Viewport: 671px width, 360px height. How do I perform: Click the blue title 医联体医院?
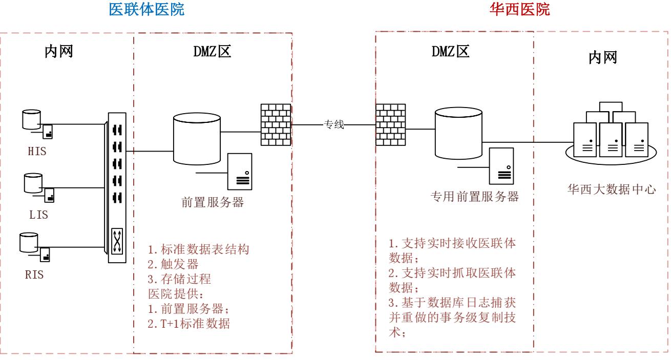146,9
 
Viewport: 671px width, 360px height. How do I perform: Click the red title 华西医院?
519,9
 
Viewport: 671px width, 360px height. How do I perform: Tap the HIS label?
37,152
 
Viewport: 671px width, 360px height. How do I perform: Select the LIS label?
38,215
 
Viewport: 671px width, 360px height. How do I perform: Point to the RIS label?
34,275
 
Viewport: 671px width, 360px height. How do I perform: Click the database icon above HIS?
31,119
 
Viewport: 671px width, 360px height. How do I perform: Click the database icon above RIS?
29,242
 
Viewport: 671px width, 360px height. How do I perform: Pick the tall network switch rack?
117,188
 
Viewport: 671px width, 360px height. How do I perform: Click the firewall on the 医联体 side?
276,124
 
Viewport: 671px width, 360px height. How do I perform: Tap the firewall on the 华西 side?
390,124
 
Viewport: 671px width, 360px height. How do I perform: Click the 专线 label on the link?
333,124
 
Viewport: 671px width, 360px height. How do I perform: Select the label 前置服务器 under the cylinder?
213,202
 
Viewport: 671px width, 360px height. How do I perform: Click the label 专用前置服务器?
475,197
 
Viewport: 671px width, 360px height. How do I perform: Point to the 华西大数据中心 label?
612,189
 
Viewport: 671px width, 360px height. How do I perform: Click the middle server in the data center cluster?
611,139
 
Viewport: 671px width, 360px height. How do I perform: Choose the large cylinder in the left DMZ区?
197,139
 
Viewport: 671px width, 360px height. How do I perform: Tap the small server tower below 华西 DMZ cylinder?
501,165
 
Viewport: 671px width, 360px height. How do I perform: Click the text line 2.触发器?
173,264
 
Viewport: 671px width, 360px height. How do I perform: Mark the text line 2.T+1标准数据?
189,324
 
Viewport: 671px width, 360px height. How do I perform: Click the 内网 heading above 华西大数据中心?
602,57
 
